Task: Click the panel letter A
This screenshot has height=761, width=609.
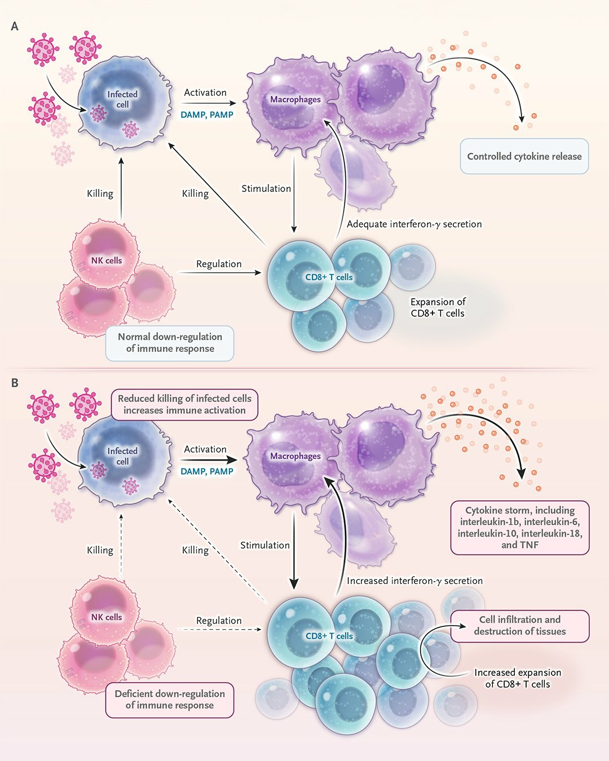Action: point(15,26)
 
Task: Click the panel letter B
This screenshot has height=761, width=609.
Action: point(15,383)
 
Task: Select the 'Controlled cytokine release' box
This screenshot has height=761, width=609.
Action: point(524,156)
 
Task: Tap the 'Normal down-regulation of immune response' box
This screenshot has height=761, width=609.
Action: point(170,343)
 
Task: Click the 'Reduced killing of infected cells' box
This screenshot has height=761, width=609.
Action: point(184,404)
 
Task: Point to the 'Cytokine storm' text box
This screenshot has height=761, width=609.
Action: point(520,528)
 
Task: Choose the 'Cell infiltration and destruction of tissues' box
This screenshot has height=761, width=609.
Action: point(520,626)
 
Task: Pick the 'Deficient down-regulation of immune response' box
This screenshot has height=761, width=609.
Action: point(170,700)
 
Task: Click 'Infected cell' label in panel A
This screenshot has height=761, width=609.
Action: point(122,99)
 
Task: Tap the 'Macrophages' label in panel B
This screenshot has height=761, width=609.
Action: point(295,456)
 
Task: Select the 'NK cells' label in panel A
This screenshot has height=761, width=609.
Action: point(107,260)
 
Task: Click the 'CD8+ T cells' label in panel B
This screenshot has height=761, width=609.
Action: point(329,636)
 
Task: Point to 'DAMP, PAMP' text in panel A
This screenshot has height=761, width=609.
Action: point(207,114)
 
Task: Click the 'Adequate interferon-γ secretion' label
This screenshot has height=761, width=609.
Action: point(414,224)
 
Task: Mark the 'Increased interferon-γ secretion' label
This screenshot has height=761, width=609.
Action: point(414,581)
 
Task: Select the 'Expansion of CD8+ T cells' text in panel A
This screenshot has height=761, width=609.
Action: point(438,307)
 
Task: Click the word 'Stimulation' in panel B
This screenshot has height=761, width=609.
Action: point(265,545)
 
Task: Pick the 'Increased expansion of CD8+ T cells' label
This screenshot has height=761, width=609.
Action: point(518,678)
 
